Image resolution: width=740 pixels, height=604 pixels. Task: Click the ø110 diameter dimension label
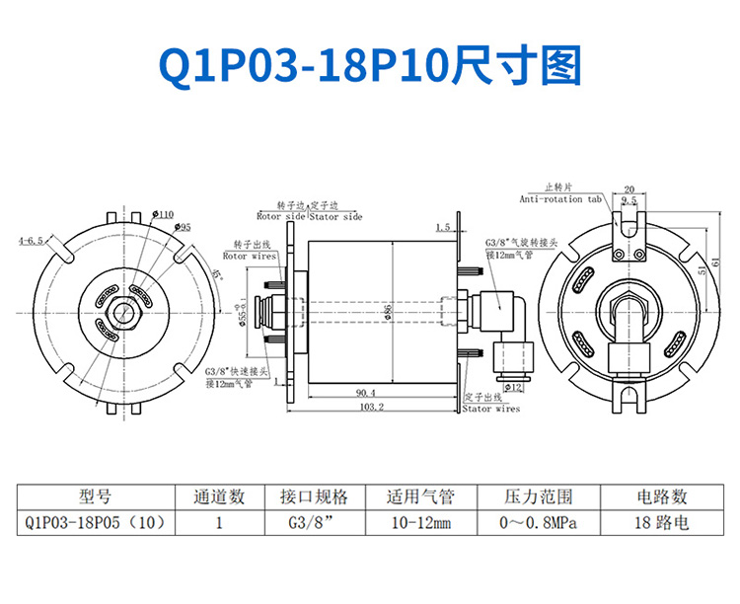point(164,214)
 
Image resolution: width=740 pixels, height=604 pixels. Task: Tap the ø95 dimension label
point(184,228)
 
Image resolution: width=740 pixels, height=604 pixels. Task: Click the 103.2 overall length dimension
point(371,407)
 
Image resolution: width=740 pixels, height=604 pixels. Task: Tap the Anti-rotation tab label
point(559,198)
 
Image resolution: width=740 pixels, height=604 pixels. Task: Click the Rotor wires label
point(248,255)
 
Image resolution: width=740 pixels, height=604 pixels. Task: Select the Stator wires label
point(490,407)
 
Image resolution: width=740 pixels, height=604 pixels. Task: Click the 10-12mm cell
point(420,522)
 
